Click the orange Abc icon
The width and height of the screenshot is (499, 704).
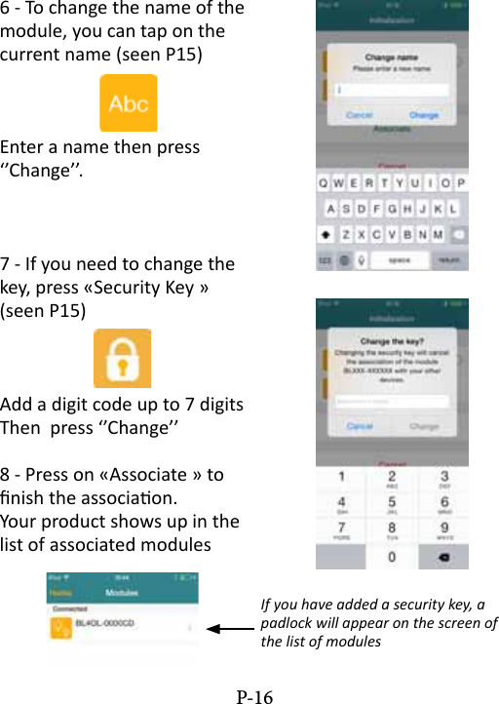128,103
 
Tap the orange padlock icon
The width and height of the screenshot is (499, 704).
122,358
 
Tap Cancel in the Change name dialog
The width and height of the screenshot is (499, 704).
359,115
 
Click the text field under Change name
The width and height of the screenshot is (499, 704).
391,90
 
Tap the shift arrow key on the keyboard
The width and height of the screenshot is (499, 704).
326,235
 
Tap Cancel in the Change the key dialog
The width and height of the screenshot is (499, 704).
359,426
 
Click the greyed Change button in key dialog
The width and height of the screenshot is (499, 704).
424,426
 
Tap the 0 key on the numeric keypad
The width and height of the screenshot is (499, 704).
392,557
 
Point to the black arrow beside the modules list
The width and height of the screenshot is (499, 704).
230,629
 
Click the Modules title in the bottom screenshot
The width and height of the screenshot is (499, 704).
122,592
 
